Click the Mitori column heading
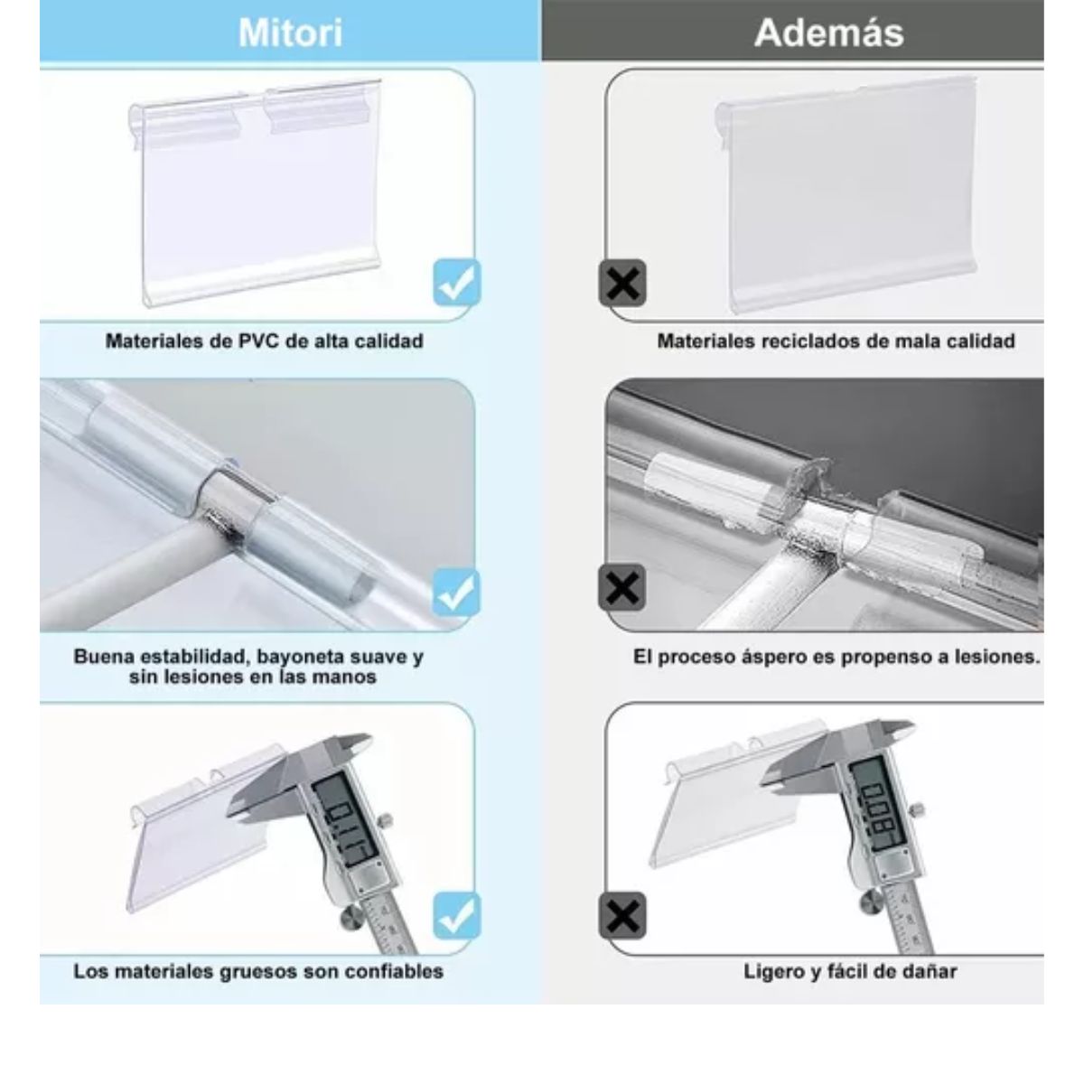click(290, 33)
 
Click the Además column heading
click(828, 33)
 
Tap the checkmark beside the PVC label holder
click(457, 283)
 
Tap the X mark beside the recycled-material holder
click(621, 283)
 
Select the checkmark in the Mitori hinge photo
click(457, 593)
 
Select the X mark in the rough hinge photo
click(621, 589)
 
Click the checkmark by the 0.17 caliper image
click(457, 915)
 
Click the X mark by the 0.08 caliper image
click(621, 917)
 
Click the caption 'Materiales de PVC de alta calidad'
click(264, 341)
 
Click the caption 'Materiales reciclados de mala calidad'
click(836, 341)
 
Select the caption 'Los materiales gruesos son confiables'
click(258, 971)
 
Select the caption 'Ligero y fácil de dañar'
click(849, 971)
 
